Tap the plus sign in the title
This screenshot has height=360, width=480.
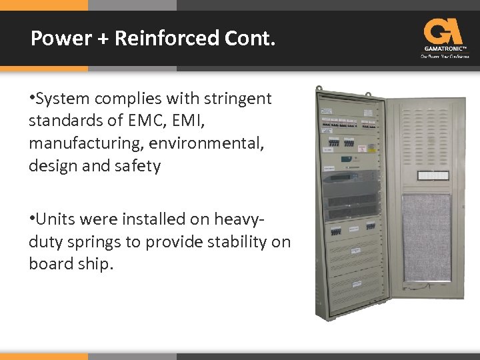[103, 39]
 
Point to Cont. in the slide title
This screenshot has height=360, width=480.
[248, 39]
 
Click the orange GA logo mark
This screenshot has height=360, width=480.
[443, 31]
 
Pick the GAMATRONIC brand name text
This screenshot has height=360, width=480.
[444, 49]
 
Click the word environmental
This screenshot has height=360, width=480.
[207, 143]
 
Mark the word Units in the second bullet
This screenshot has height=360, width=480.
[55, 219]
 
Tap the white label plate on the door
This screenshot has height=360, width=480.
[433, 175]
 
